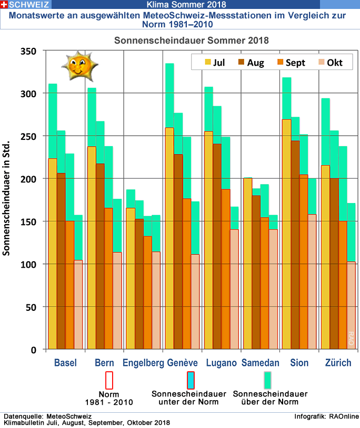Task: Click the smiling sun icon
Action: click(76, 65)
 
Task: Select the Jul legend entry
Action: click(215, 63)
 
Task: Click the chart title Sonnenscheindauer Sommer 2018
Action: click(192, 40)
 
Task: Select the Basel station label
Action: click(65, 363)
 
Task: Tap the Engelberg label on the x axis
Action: click(143, 363)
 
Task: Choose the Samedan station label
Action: click(260, 363)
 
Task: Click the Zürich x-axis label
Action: click(338, 363)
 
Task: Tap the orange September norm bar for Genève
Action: click(187, 273)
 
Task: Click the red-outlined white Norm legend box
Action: click(109, 380)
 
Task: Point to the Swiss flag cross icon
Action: click(4, 4)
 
